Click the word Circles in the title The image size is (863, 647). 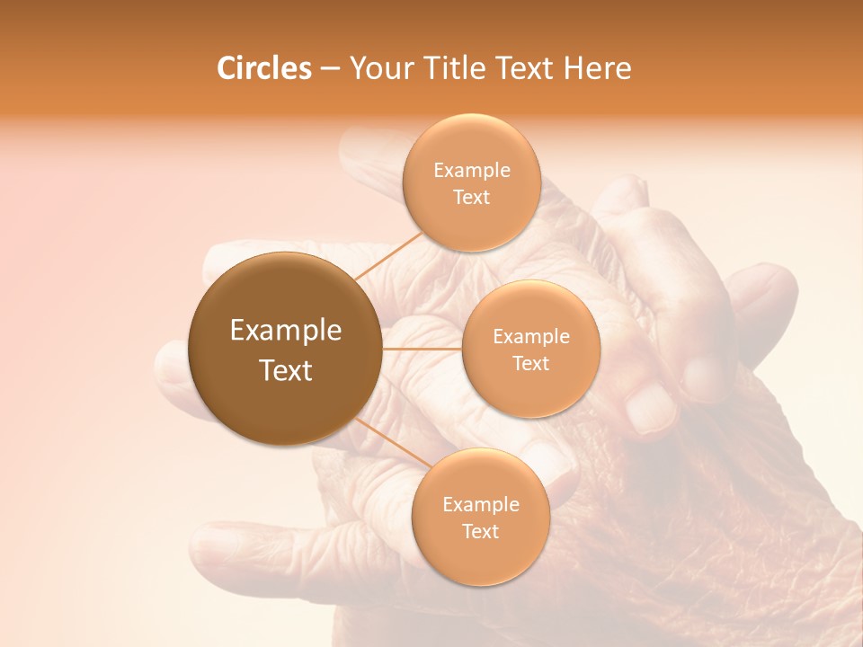click(x=264, y=68)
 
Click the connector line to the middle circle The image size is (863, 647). click(x=422, y=348)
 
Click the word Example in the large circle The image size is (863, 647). click(x=286, y=331)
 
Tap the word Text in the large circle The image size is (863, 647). click(x=286, y=370)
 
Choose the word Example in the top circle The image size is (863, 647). click(x=472, y=171)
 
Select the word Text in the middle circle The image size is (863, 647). click(x=531, y=363)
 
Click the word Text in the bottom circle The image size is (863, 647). click(x=480, y=531)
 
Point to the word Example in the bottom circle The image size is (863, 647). click(x=480, y=504)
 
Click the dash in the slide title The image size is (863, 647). click(x=329, y=68)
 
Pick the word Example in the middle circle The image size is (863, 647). click(x=531, y=337)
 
